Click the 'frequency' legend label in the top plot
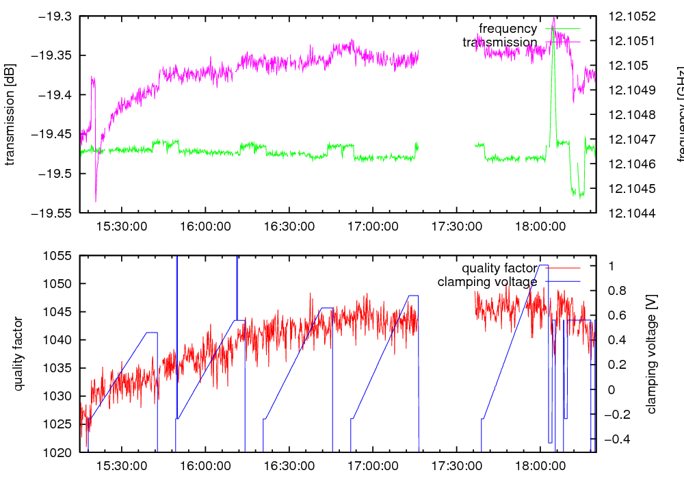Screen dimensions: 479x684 tap(508, 29)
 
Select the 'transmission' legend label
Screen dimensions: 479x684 tap(499, 42)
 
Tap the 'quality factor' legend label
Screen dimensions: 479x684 tap(499, 268)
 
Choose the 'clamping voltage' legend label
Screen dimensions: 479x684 tap(487, 281)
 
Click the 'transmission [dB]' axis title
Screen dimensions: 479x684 tap(10, 115)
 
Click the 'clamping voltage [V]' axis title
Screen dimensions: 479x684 tap(650, 354)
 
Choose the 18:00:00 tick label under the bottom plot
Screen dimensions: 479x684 tap(541, 466)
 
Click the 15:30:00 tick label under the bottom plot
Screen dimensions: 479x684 tap(122, 466)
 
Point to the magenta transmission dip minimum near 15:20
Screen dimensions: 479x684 tap(96, 202)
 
